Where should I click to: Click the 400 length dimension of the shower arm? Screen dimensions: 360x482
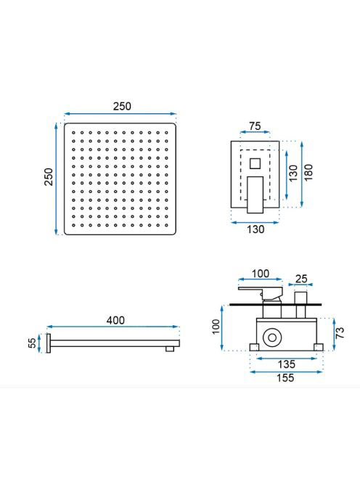pos(115,320)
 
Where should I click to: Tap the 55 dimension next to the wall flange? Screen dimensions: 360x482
pos(32,343)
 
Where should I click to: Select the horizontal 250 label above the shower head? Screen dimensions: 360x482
pos(122,107)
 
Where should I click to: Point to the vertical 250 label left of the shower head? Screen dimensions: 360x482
pos(49,176)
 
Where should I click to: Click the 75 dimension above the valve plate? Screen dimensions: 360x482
pos(255,126)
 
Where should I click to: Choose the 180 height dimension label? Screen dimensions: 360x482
pos(308,172)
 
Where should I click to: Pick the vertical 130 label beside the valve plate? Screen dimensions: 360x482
pos(293,173)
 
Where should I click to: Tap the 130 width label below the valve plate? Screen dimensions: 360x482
pos(255,229)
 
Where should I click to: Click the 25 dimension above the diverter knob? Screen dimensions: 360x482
pos(301,279)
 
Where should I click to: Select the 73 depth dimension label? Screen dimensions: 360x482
pos(340,333)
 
